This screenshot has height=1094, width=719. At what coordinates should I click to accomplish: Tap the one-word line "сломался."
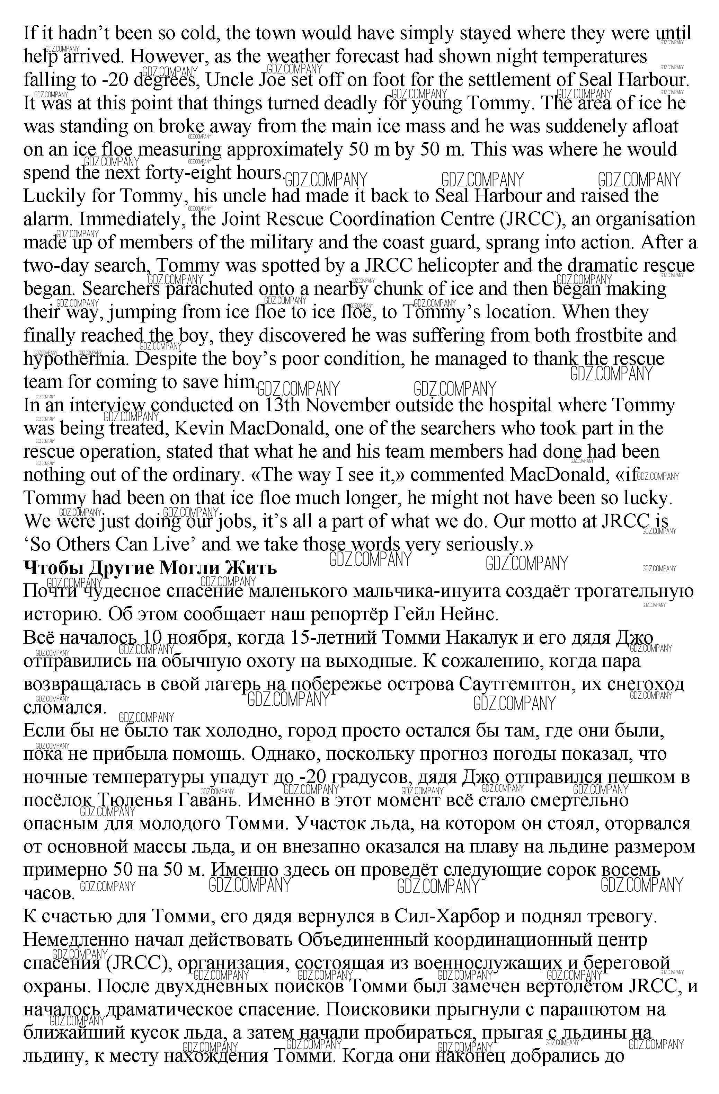(x=64, y=707)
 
